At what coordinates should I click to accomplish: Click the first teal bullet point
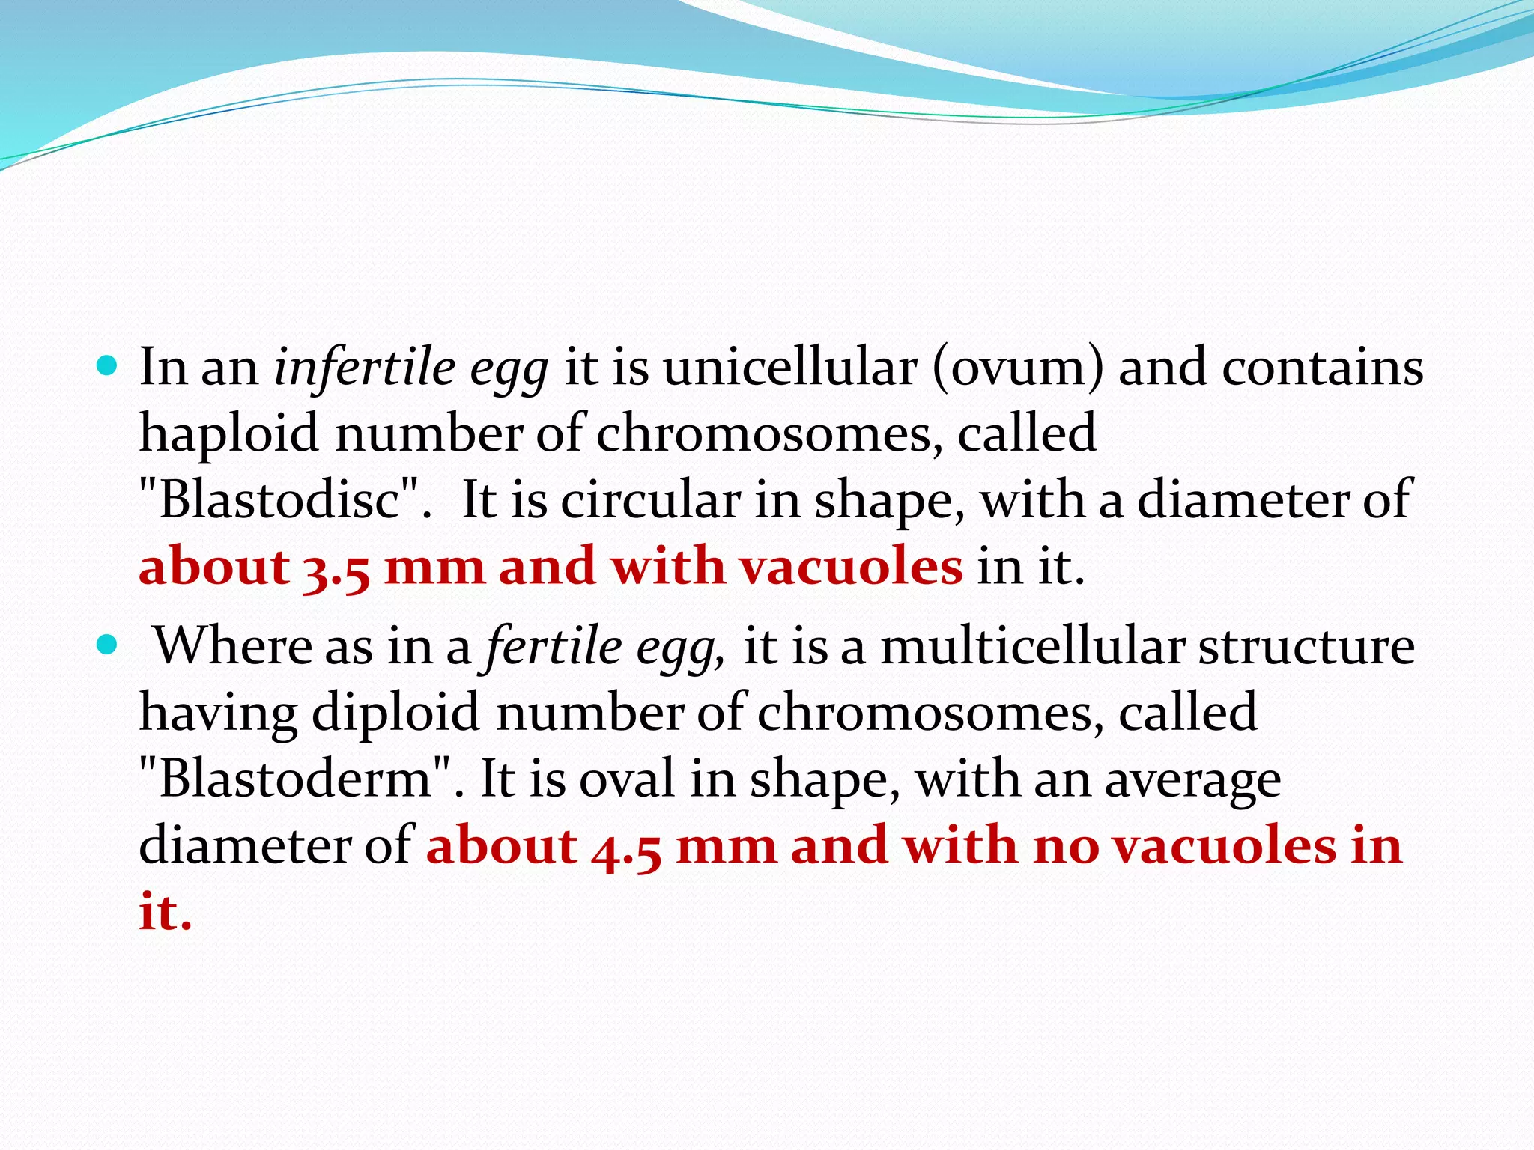[x=108, y=366]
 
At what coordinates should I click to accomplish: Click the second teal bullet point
[x=108, y=644]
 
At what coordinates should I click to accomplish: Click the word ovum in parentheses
[x=1018, y=368]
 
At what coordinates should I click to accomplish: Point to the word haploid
[x=229, y=433]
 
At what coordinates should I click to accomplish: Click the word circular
[x=650, y=499]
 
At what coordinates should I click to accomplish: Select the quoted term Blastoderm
[x=296, y=779]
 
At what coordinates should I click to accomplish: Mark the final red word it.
[x=165, y=912]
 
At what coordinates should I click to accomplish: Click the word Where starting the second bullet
[x=233, y=645]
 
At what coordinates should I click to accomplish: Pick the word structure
[x=1306, y=645]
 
